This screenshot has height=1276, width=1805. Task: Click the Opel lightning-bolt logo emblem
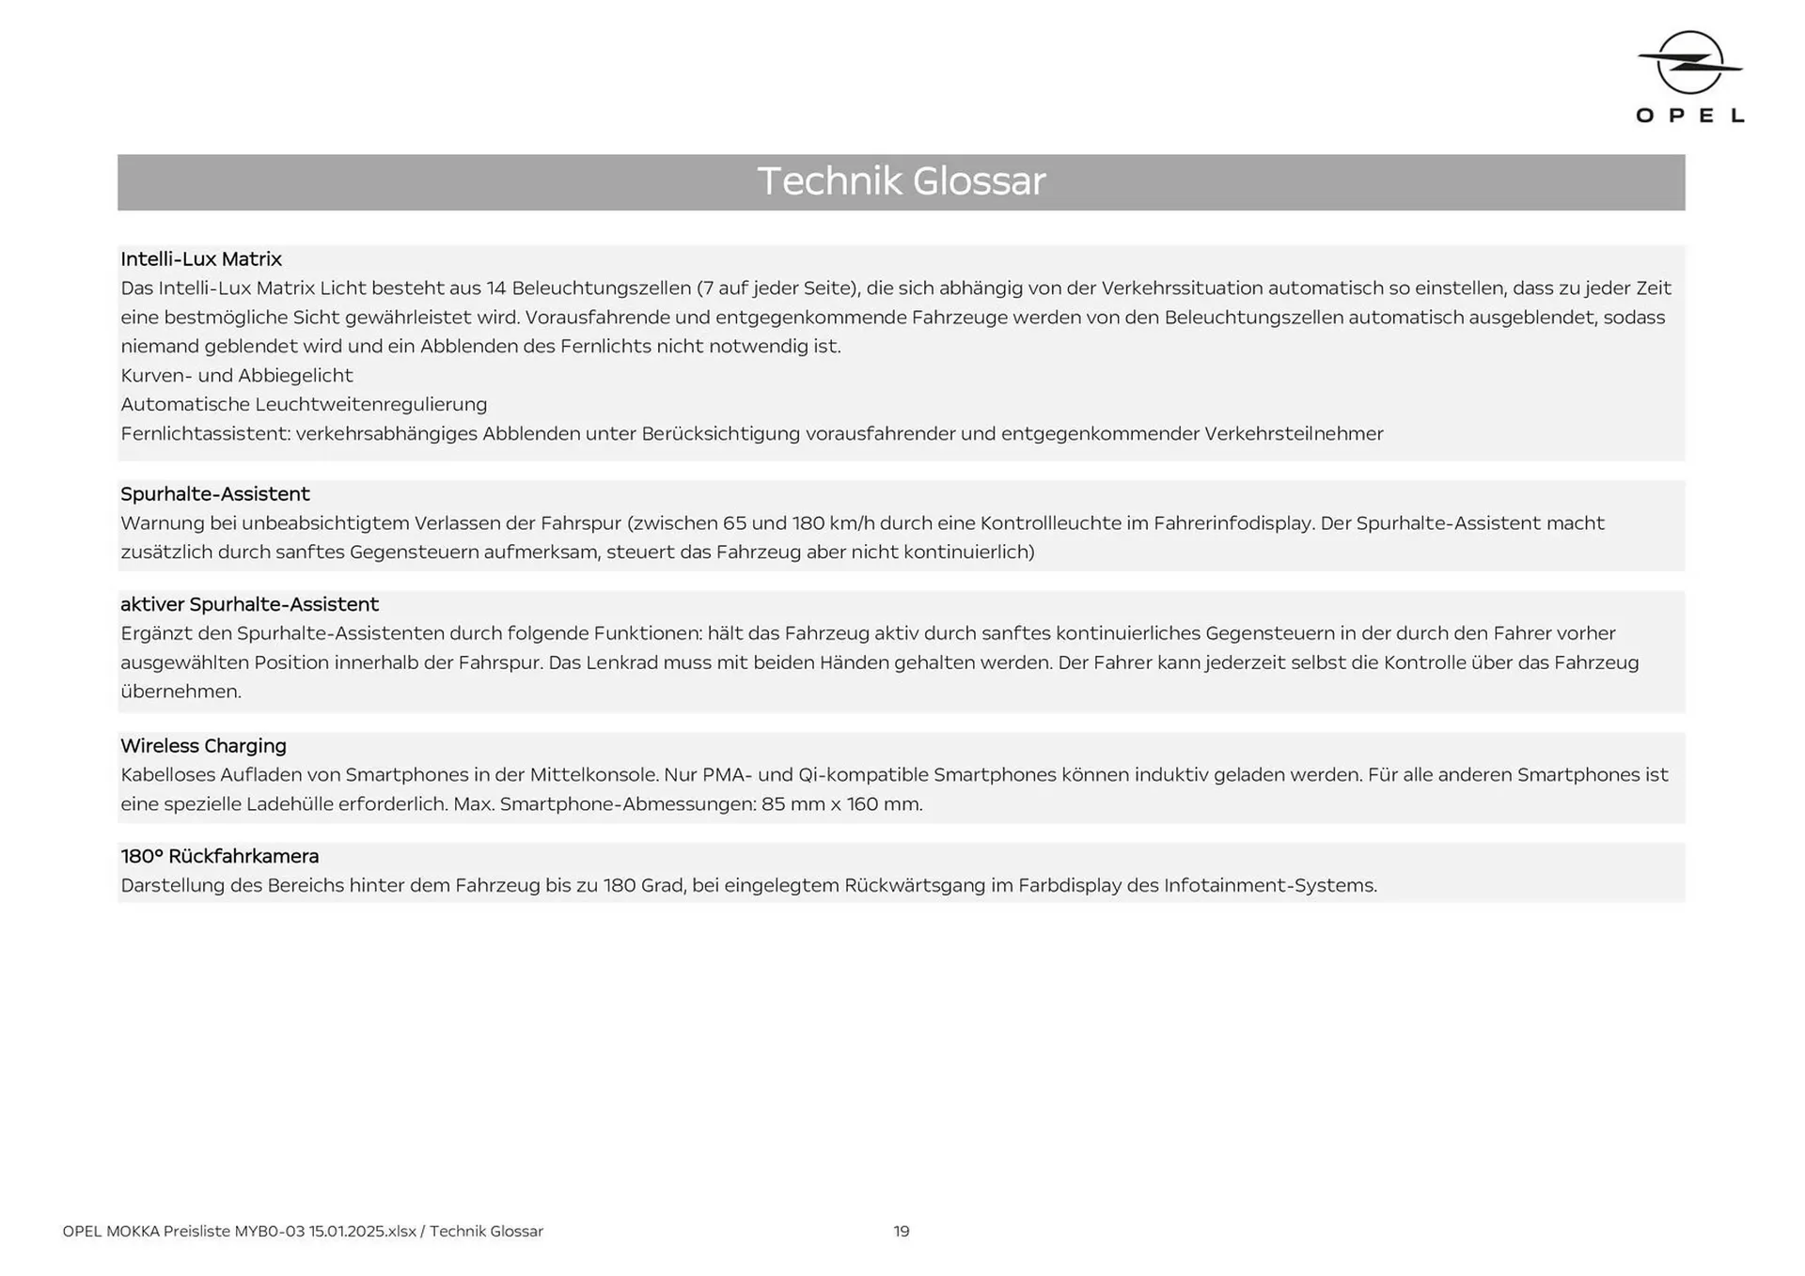pyautogui.click(x=1689, y=63)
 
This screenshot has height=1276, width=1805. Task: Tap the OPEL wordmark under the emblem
pyautogui.click(x=1689, y=116)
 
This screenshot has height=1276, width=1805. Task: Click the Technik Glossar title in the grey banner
pyautogui.click(x=901, y=181)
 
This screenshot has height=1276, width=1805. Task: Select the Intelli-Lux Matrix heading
pyautogui.click(x=201, y=259)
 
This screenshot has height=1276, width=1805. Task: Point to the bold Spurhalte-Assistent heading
pyautogui.click(x=215, y=494)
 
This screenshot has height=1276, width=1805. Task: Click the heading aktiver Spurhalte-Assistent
pyautogui.click(x=249, y=604)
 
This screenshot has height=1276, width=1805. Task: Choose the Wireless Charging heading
pyautogui.click(x=203, y=746)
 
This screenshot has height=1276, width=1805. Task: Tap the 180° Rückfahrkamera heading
pyautogui.click(x=220, y=856)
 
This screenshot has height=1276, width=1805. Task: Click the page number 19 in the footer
pyautogui.click(x=901, y=1231)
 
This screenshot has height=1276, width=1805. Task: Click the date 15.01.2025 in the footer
pyautogui.click(x=348, y=1231)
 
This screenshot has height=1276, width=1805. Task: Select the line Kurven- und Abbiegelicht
pyautogui.click(x=237, y=376)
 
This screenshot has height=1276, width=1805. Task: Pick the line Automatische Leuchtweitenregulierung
pyautogui.click(x=304, y=405)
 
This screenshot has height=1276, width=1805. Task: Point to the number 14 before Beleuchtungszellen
pyautogui.click(x=496, y=288)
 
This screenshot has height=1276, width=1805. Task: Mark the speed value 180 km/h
pyautogui.click(x=832, y=523)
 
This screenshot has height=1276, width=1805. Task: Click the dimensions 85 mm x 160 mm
pyautogui.click(x=841, y=804)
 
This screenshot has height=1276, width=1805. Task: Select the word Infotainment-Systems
pyautogui.click(x=1270, y=885)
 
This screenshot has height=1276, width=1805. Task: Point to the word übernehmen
pyautogui.click(x=181, y=692)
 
